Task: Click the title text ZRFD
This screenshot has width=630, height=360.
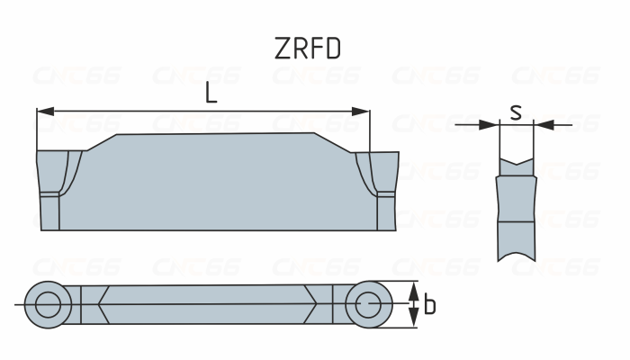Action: [308, 49]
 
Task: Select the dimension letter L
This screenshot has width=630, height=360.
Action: [211, 93]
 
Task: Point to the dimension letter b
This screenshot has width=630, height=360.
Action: [430, 306]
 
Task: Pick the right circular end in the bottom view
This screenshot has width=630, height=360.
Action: [367, 304]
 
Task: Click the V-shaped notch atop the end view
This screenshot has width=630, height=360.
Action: [516, 165]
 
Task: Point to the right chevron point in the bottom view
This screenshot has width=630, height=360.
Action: [315, 304]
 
